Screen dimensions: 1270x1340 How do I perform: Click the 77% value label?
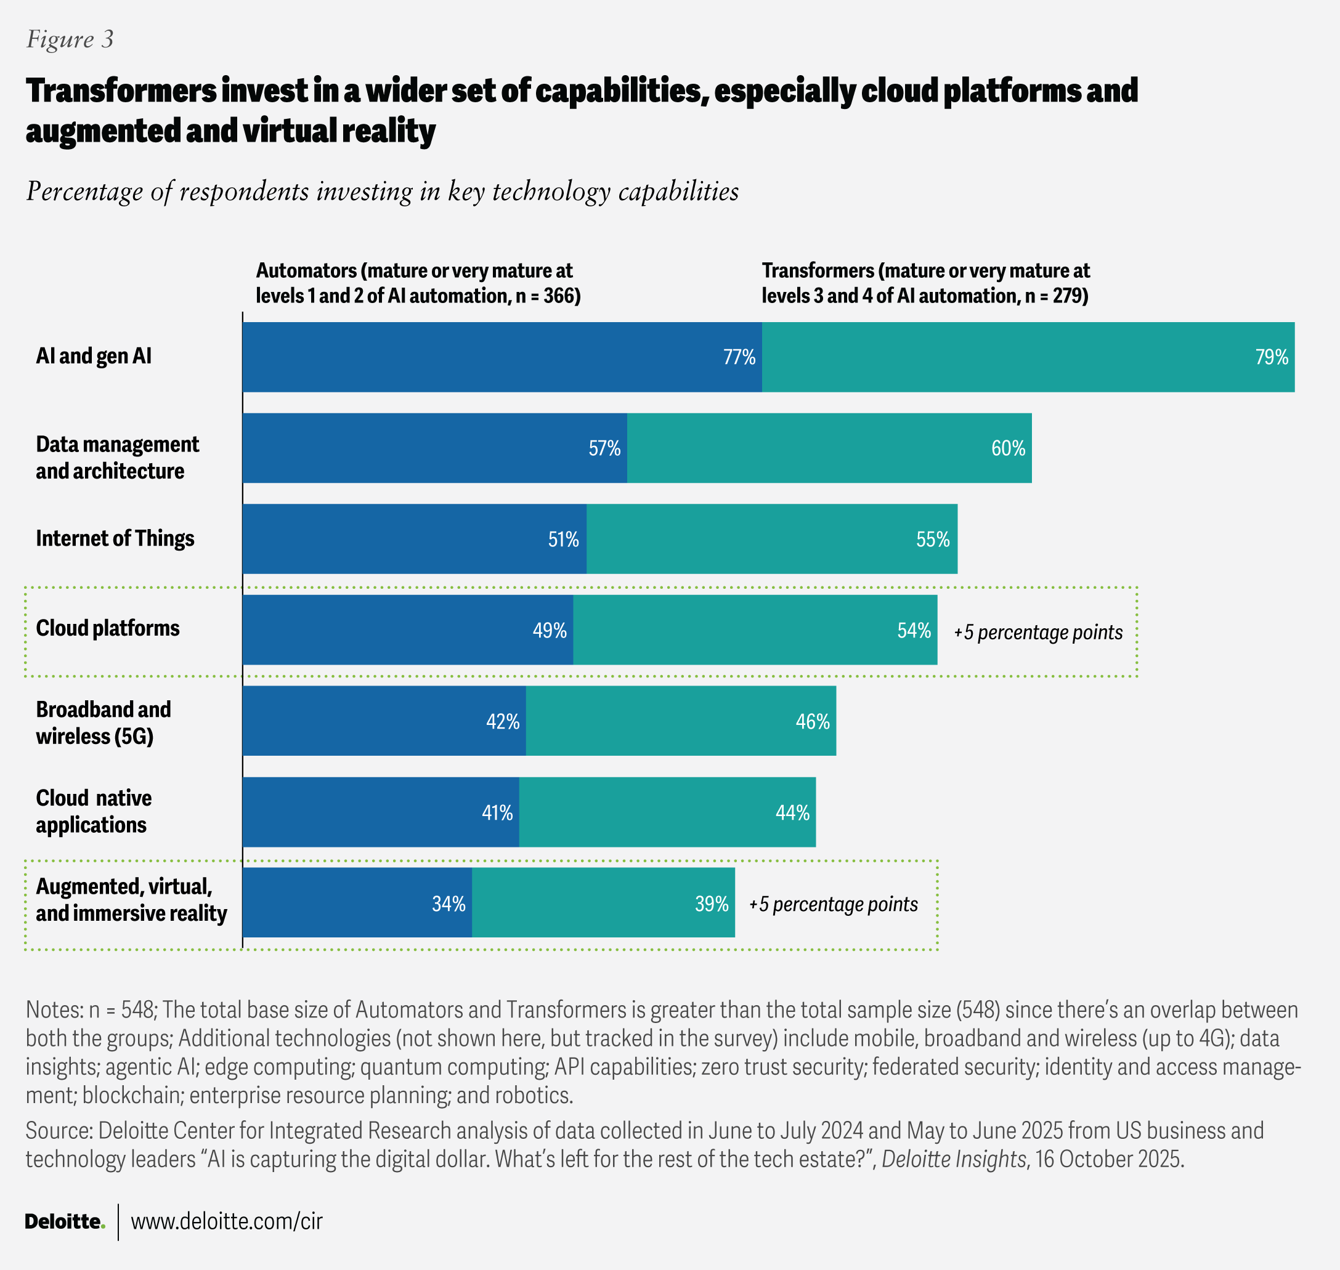[x=739, y=357]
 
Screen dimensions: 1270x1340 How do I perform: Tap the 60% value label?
[x=1007, y=448]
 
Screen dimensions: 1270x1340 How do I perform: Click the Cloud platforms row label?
[x=108, y=628]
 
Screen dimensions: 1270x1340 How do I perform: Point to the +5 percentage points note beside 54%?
[x=1038, y=633]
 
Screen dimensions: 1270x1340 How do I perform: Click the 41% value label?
[x=497, y=812]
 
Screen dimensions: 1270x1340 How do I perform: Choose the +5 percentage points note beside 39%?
[x=833, y=904]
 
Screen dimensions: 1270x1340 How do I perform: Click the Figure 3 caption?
[x=70, y=39]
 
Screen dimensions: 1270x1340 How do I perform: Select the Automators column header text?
[x=418, y=283]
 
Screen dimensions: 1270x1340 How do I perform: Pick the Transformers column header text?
[x=925, y=283]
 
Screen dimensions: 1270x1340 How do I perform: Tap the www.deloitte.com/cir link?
[x=226, y=1221]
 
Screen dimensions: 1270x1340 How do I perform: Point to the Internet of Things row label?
[x=115, y=538]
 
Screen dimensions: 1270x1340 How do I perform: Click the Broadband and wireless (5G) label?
[x=103, y=722]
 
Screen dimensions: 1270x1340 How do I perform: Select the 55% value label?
[x=932, y=540]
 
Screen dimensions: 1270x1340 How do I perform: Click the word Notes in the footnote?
[x=54, y=1010]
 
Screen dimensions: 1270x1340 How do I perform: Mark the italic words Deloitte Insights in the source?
[x=952, y=1159]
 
